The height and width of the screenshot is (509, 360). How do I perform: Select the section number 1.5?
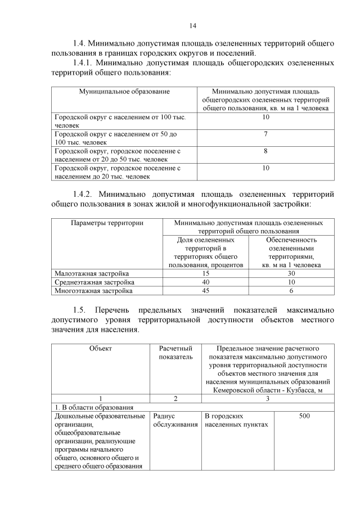81,310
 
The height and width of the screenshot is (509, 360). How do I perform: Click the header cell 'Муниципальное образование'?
124,91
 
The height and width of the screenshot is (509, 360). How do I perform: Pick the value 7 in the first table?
265,134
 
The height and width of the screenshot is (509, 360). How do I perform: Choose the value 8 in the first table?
265,151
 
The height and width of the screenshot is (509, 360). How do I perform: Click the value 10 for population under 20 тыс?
265,168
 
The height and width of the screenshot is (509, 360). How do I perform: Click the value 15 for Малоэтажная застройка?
206,273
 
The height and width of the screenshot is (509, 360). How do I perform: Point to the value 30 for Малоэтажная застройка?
291,273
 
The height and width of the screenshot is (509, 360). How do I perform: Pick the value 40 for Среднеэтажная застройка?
206,282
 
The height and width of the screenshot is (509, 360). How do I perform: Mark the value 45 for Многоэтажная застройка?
206,291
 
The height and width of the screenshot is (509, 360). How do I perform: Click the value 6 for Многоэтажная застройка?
291,291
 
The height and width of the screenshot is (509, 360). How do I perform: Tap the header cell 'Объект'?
100,349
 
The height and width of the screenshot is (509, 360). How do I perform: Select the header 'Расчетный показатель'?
175,353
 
